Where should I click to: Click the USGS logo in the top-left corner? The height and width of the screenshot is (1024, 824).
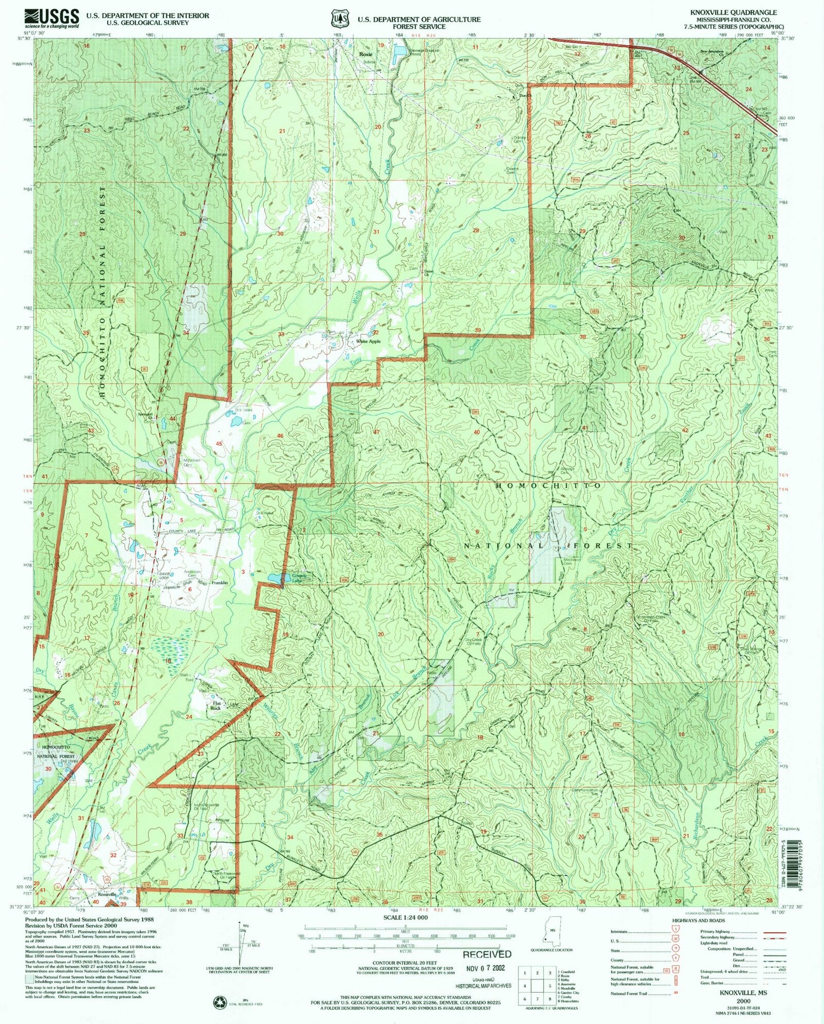[52, 18]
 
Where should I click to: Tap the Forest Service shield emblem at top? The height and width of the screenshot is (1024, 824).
[340, 19]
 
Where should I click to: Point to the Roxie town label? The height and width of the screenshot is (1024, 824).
[365, 54]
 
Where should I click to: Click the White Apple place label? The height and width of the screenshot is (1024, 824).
[368, 341]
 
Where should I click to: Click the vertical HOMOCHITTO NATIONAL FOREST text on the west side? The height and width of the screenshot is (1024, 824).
[102, 291]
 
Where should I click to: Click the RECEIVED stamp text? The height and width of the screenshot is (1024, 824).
[487, 954]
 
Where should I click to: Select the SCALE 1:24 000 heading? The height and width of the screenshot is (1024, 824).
[405, 917]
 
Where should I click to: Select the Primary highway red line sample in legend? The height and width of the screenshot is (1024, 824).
[775, 933]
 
